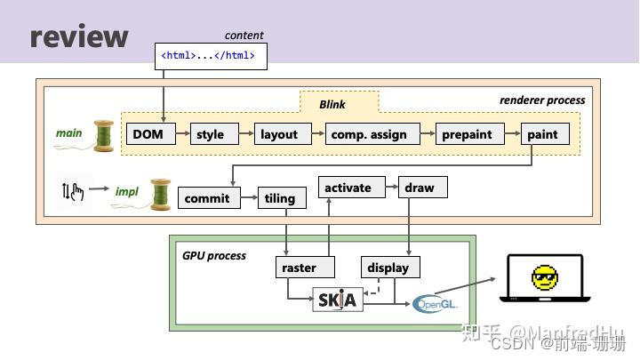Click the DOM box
coord(150,134)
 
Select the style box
coord(210,134)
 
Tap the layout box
coord(279,134)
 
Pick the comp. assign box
coord(369,134)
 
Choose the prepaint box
coord(467,134)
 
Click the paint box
coord(542,134)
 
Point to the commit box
coord(207,198)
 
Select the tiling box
coord(280,198)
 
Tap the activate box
coord(348,188)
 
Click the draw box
coord(420,188)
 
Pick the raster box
coord(300,268)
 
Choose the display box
coord(388,268)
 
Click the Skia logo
coord(338,300)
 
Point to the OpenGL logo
coord(436,304)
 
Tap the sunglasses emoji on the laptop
coord(544,278)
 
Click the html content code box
coord(211,56)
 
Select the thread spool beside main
coord(105,135)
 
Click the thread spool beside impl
coord(160,193)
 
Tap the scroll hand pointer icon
coord(73,190)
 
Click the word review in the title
coord(79,36)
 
